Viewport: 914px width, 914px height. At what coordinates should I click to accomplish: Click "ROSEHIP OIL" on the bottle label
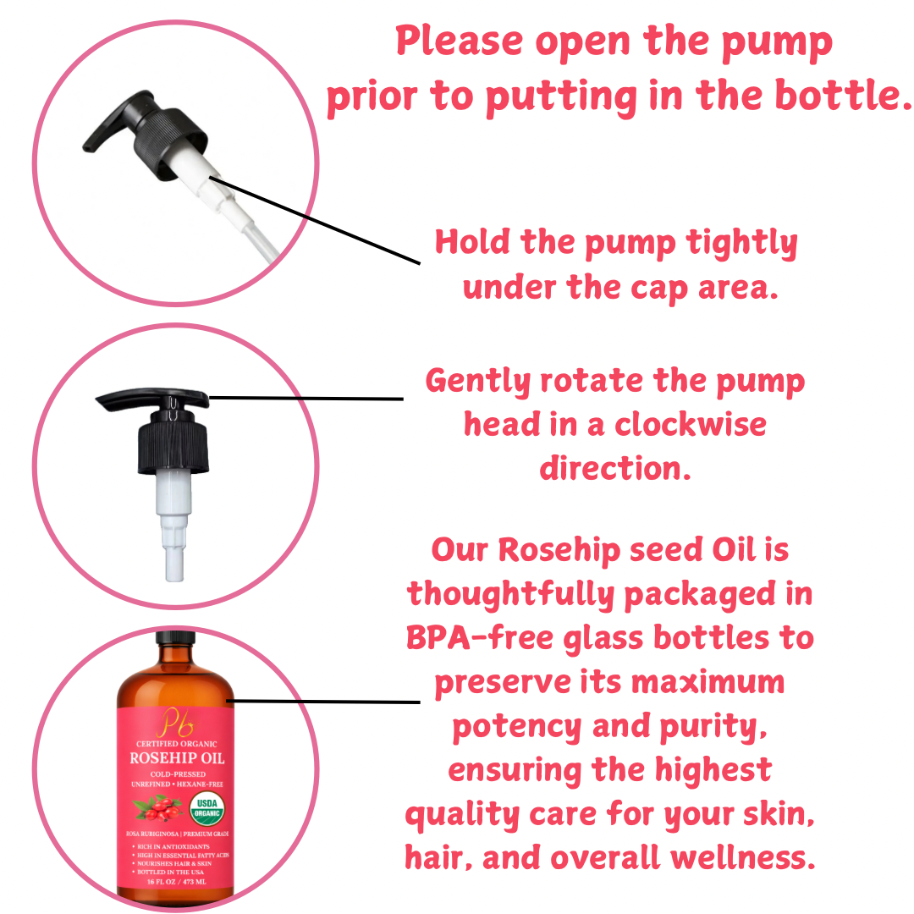tap(176, 757)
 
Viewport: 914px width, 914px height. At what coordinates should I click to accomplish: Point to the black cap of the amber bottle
tap(175, 636)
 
